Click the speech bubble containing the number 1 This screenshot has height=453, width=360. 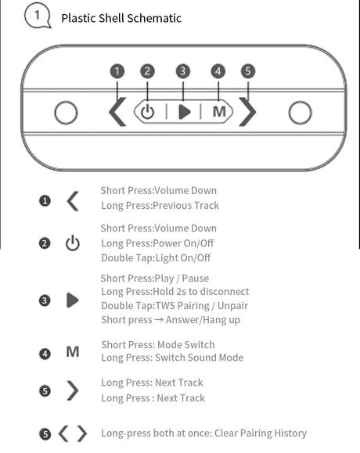[x=38, y=16]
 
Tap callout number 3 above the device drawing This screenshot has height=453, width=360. [x=183, y=71]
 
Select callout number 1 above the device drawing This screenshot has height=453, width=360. [x=117, y=71]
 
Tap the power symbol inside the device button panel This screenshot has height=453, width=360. [x=147, y=112]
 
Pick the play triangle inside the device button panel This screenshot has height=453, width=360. [x=185, y=112]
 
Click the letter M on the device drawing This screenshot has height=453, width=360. [x=219, y=112]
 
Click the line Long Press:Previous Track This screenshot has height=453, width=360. [x=160, y=206]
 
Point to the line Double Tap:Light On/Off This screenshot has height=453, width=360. [x=156, y=257]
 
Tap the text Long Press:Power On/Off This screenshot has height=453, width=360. [x=157, y=243]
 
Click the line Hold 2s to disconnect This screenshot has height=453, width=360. [x=200, y=292]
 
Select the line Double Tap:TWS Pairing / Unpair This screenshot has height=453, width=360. [x=175, y=306]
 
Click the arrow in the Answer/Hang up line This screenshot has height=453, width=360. [x=159, y=320]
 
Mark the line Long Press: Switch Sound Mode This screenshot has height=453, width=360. [x=172, y=358]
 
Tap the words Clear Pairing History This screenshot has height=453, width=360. [x=261, y=433]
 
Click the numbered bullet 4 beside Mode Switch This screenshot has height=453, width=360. [x=45, y=354]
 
